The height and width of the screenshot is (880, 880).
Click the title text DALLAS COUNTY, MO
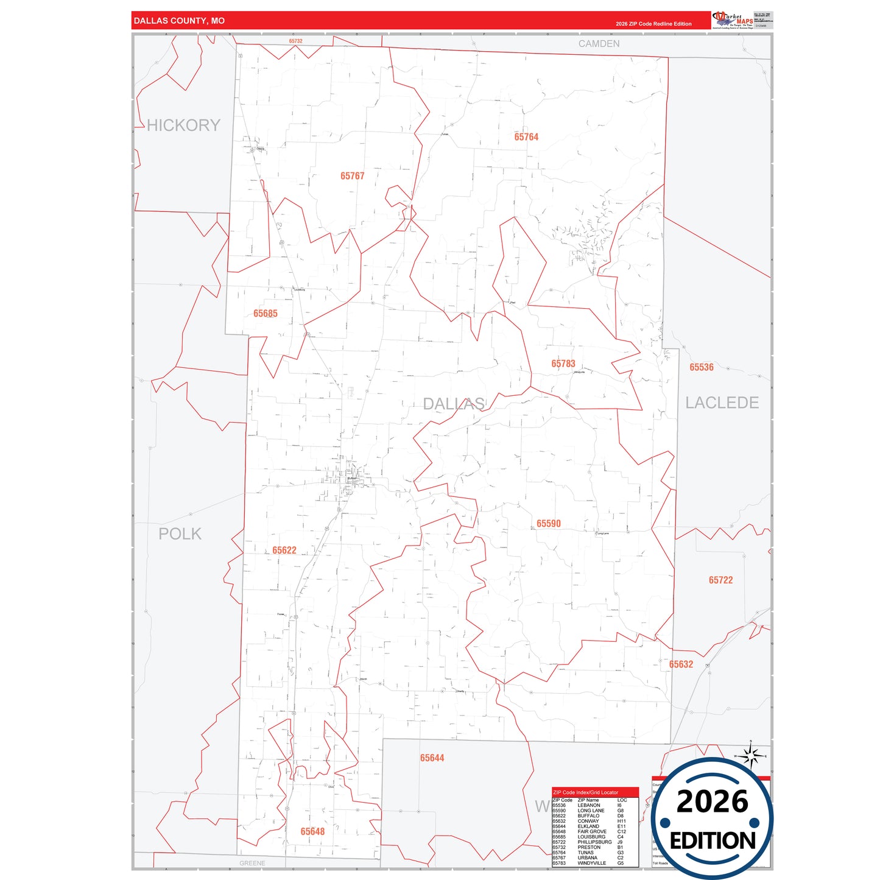[179, 21]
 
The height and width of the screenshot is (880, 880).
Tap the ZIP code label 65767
[352, 176]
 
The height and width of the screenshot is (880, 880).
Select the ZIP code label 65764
[526, 137]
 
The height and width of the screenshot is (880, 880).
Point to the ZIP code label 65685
[266, 314]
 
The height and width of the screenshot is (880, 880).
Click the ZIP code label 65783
[563, 364]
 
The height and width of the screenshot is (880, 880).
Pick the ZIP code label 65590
[549, 524]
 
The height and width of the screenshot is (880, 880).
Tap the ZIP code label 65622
[284, 551]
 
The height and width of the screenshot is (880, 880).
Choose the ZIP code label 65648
[312, 832]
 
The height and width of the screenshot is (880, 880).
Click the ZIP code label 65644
[432, 758]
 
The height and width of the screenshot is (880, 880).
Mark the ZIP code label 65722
[720, 580]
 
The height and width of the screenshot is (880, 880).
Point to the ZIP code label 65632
[681, 664]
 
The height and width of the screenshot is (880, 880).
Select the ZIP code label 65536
[702, 367]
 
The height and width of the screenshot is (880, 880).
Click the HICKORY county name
[183, 125]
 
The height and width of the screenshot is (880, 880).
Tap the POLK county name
[180, 534]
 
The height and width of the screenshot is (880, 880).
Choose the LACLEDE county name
[722, 403]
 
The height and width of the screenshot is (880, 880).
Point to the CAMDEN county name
[599, 44]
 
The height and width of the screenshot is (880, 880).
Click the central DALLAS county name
[454, 404]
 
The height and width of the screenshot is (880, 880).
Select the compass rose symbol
[751, 756]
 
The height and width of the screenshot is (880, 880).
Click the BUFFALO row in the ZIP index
[588, 816]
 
